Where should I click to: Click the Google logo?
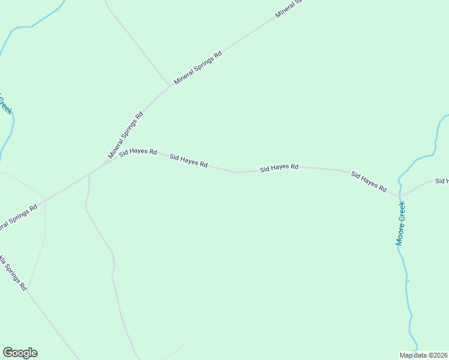(x=20, y=353)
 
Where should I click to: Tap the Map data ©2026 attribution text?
(x=424, y=355)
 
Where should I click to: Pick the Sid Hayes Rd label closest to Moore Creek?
(x=369, y=181)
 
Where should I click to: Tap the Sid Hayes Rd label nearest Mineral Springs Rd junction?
(x=138, y=153)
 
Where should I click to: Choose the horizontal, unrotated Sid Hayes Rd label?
(x=279, y=167)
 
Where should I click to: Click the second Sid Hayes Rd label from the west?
(x=188, y=161)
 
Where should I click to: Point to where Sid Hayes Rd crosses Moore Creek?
(x=399, y=194)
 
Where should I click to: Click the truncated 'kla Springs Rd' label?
(x=13, y=273)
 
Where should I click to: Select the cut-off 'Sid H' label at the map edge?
(x=442, y=181)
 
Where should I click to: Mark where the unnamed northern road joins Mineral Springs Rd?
(x=170, y=86)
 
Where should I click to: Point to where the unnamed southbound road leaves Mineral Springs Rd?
(x=89, y=175)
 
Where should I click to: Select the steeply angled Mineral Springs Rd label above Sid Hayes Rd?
(x=125, y=135)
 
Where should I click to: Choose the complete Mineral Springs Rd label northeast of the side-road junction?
(x=198, y=67)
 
